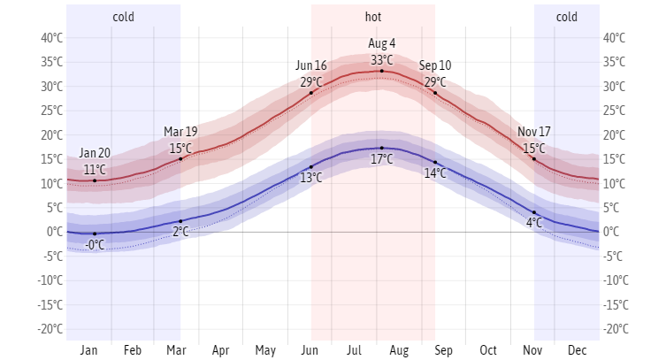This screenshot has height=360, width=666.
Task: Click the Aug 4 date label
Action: point(382,43)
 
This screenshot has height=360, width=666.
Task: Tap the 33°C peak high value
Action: point(382,59)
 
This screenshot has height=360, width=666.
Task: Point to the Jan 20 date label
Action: point(95,153)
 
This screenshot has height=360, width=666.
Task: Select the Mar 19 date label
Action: point(180,132)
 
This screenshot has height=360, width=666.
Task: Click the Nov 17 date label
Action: point(534,132)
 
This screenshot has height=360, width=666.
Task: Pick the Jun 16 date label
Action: point(311,65)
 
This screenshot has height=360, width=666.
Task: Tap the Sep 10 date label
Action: point(435,65)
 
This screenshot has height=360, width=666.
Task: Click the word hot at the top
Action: point(373,17)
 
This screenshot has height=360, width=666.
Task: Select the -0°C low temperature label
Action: point(95,245)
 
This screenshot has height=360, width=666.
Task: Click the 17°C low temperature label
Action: point(382,160)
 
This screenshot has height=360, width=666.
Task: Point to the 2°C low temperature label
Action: point(180,233)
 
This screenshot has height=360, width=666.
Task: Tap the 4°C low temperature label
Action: point(534,224)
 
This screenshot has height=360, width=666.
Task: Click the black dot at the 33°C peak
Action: point(382,71)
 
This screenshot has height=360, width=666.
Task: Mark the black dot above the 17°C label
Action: point(382,148)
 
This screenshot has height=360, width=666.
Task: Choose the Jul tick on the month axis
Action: point(355,350)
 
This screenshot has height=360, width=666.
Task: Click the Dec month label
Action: point(578,350)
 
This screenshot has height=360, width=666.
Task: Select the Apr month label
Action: point(221,350)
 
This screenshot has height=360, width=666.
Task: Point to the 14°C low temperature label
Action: point(435,174)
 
